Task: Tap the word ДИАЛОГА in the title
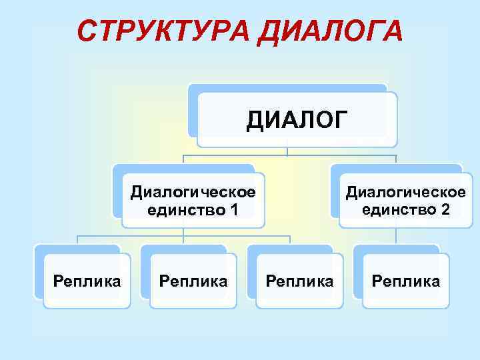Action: (329, 31)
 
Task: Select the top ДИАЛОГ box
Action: (297, 120)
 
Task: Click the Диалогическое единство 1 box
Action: (193, 201)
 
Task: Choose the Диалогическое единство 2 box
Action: (405, 201)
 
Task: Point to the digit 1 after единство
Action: (233, 211)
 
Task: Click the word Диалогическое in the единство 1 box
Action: (193, 193)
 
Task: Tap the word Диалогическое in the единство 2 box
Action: (405, 192)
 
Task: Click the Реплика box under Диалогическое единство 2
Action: (405, 281)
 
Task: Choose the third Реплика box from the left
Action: (299, 281)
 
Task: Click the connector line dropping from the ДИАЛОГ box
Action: (287, 151)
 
